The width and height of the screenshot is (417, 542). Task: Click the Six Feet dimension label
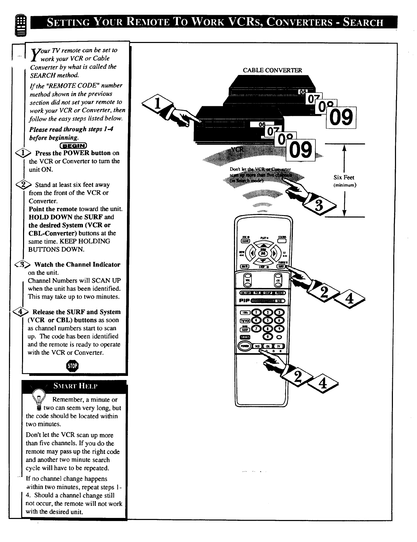coord(344,177)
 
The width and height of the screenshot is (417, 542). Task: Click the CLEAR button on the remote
coord(245,241)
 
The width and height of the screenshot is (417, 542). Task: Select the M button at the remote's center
coord(264,253)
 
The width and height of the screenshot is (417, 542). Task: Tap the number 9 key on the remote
coord(280,328)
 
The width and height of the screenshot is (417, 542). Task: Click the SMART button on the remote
coord(245,337)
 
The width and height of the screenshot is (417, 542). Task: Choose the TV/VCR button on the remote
coord(245,321)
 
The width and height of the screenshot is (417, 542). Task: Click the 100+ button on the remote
coord(245,312)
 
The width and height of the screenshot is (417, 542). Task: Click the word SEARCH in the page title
coord(361,23)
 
